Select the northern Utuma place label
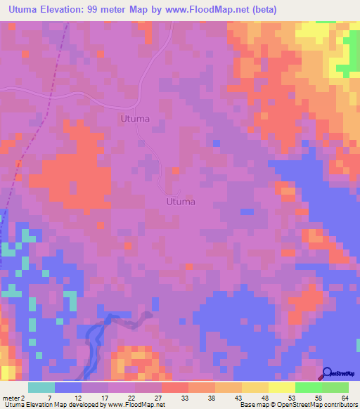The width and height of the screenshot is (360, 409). [x=134, y=119]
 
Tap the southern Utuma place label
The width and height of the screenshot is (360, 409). [x=180, y=201]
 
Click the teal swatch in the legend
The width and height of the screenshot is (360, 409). [x=41, y=388]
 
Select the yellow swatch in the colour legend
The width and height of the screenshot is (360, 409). [x=282, y=388]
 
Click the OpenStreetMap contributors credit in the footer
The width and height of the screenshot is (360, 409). [x=317, y=404]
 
